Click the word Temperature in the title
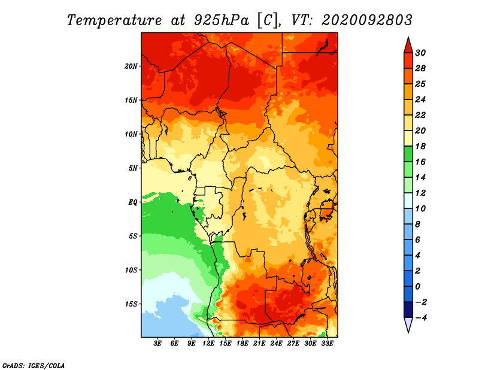tap(114, 20)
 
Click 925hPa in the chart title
tap(222, 20)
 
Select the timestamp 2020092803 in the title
tap(367, 20)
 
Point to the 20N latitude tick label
tap(131, 66)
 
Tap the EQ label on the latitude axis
tap(133, 202)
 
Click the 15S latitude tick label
tap(131, 304)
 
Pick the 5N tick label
tap(133, 168)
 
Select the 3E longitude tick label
tap(157, 344)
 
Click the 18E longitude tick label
tap(242, 344)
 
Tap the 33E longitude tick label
tap(327, 344)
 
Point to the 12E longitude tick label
tap(208, 344)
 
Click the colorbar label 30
tap(420, 53)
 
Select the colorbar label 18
tap(420, 146)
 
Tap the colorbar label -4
tap(421, 318)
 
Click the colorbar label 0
tap(418, 287)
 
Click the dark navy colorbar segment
tap(408, 310)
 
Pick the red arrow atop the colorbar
tap(408, 45)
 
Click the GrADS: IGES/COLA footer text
tap(34, 366)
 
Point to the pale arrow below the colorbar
tap(408, 325)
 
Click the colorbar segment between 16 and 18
tap(408, 154)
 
